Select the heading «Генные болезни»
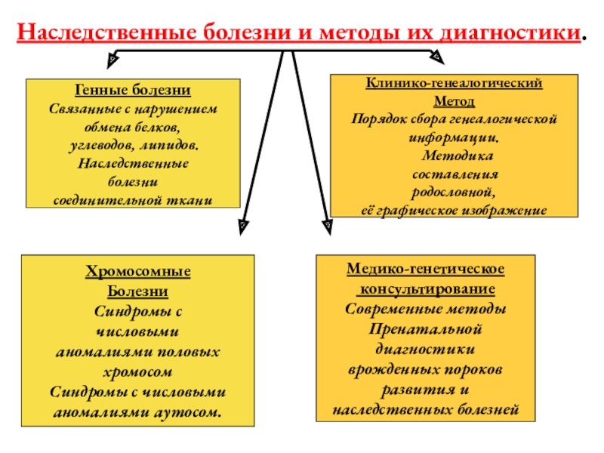tap(132, 91)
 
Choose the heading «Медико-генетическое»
tap(426, 269)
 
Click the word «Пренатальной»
tap(426, 330)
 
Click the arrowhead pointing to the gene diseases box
tap(112, 57)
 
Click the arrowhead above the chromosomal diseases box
tap(242, 225)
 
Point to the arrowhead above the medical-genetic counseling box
tap(326, 225)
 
